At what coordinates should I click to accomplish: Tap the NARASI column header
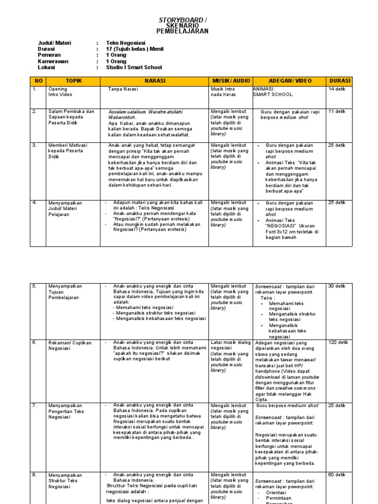155,81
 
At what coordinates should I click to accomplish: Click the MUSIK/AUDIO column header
231,81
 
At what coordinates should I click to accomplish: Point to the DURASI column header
340,81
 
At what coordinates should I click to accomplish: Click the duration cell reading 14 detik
337,89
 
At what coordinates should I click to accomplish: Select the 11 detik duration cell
337,112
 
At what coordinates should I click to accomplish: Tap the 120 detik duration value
338,342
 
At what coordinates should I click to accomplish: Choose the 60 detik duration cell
337,474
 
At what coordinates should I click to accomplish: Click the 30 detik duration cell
337,286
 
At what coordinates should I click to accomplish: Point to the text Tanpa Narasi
123,89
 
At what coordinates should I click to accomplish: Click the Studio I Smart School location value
133,67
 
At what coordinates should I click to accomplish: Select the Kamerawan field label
53,62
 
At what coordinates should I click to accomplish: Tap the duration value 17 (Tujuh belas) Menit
135,49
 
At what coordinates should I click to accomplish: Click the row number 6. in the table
35,342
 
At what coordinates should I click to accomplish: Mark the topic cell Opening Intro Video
58,92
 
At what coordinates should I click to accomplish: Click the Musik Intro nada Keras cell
223,92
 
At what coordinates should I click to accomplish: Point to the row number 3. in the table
35,145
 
